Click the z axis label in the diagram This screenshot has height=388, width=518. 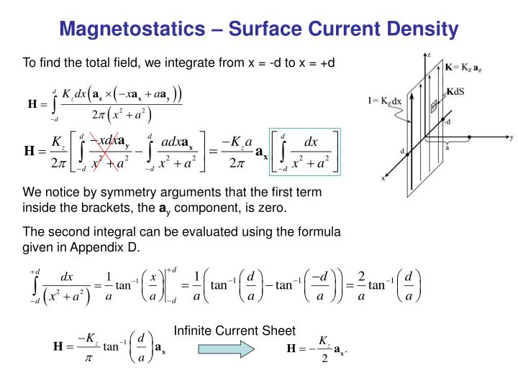[429, 55]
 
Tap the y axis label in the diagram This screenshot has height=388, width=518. [510, 136]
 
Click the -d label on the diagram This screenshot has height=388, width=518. [447, 122]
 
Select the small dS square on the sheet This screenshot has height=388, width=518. [435, 107]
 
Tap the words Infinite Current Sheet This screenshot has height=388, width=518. [235, 331]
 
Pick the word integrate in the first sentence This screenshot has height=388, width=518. [173, 64]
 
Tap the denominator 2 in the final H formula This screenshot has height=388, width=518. [325, 359]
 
